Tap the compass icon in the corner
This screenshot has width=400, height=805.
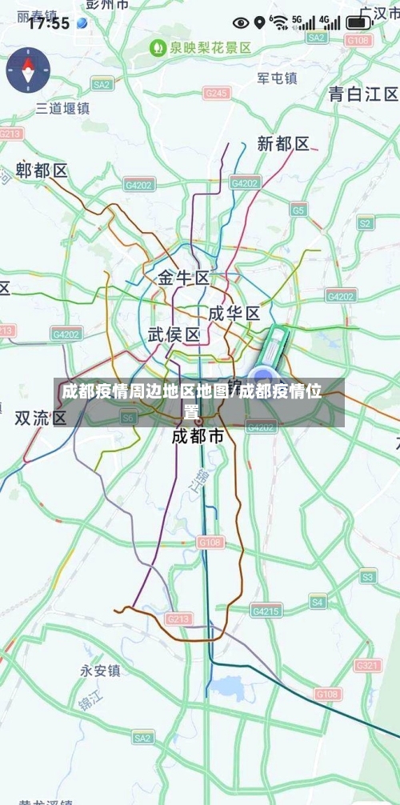tap(28, 70)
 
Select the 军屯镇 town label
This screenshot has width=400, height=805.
tap(277, 78)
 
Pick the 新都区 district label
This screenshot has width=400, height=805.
tap(283, 144)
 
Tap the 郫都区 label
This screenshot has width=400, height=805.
tap(42, 170)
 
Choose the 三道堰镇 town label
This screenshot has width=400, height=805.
tap(63, 108)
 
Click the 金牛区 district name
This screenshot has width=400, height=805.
tap(183, 278)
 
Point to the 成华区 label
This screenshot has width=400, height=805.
tap(234, 312)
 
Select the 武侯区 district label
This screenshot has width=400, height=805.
tap(174, 334)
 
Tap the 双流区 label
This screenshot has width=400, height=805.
tap(41, 418)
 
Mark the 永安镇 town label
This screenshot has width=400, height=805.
tap(100, 671)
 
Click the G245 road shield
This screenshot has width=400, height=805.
tap(216, 94)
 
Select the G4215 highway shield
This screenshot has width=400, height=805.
tap(266, 611)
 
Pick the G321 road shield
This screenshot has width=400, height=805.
tap(368, 665)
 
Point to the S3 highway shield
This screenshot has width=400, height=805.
tap(367, 576)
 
